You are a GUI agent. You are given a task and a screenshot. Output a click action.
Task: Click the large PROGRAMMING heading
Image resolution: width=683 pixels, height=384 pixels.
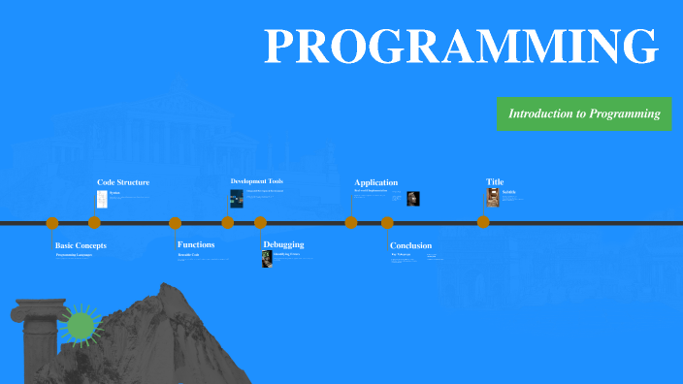coord(462,47)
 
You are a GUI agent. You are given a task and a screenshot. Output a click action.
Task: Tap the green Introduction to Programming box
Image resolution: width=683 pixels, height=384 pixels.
coord(584,113)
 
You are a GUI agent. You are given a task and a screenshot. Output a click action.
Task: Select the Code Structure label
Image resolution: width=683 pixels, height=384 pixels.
coord(123,182)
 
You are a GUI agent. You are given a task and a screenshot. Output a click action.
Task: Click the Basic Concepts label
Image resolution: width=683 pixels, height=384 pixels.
coord(81,245)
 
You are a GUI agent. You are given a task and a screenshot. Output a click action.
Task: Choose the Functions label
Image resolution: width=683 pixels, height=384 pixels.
coord(196,244)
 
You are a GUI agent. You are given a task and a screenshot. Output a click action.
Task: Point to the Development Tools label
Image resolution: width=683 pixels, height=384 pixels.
coord(256,181)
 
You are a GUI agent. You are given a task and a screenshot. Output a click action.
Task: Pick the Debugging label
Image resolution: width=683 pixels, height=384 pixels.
coord(283,244)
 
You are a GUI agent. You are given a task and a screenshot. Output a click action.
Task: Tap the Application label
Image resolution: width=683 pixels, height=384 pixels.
coord(375,182)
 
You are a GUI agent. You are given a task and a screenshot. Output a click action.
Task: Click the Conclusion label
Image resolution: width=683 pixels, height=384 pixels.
coord(410,245)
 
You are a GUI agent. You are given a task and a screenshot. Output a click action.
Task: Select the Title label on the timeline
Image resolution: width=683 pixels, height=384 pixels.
coord(495,181)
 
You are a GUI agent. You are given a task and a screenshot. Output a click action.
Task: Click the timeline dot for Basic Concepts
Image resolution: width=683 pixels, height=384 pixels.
coord(52,223)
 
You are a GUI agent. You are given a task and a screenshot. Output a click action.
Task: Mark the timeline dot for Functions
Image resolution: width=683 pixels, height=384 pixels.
coord(176,223)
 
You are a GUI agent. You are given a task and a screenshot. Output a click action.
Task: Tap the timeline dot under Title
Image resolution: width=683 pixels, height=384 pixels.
coord(483,222)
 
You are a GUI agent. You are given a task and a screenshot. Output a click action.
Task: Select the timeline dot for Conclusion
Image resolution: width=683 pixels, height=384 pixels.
coord(387,223)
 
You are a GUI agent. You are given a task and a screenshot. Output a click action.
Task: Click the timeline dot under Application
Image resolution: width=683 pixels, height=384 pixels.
coord(351,223)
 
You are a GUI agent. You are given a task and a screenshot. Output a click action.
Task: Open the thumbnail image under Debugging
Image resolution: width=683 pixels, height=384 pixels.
coord(267,259)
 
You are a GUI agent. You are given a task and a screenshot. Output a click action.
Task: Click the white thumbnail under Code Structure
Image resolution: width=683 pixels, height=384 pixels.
coord(101,198)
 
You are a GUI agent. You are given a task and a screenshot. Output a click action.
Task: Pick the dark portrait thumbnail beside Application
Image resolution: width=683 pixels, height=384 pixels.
coord(413,198)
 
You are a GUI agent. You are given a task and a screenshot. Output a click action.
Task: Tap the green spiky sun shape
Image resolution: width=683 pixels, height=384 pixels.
coord(80,325)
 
